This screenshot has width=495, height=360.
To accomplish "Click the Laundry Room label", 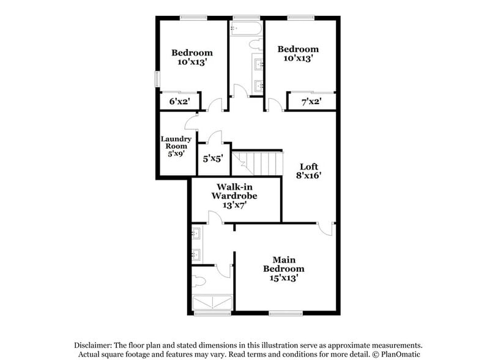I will click(176, 146).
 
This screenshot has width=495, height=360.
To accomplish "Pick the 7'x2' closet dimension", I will click(311, 101).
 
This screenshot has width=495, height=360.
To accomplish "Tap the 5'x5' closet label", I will click(212, 158).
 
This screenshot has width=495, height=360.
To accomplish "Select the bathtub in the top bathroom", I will click(246, 28).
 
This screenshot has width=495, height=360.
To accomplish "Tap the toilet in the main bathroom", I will click(199, 282).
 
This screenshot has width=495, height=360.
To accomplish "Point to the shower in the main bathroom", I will click(212, 303).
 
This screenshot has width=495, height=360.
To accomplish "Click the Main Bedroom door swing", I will click(326, 228).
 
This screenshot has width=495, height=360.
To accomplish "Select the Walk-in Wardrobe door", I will click(214, 217).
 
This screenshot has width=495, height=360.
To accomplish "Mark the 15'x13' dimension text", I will click(283, 277).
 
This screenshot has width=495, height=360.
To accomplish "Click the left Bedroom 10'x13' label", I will click(192, 57).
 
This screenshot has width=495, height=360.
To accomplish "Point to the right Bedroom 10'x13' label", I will click(298, 54).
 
